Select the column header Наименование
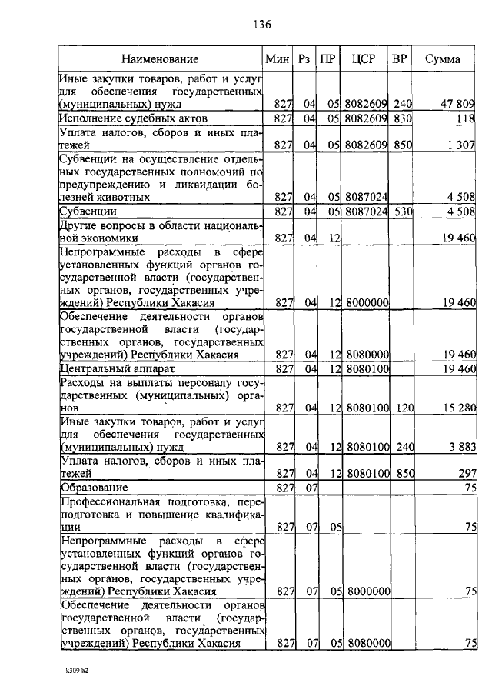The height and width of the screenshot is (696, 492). coord(160,59)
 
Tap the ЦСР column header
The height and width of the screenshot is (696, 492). coord(363,59)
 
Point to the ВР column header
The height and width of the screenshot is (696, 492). coord(400,59)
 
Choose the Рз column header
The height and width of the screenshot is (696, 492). coord(305,59)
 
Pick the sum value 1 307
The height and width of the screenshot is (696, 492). coord(458,144)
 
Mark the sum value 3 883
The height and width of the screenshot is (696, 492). coord(458,447)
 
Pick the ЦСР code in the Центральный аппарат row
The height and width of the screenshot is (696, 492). coord(365,368)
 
